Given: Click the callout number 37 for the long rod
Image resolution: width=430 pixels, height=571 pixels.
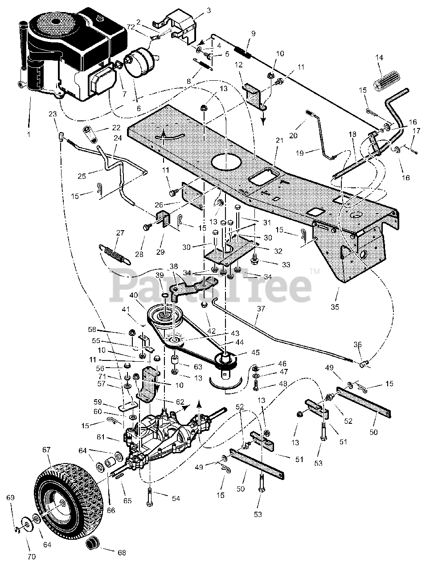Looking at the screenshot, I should point(261,309).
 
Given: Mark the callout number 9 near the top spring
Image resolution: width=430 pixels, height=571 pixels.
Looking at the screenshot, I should point(253,33).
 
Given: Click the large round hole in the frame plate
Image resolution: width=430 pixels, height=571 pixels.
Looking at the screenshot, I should point(228,162).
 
